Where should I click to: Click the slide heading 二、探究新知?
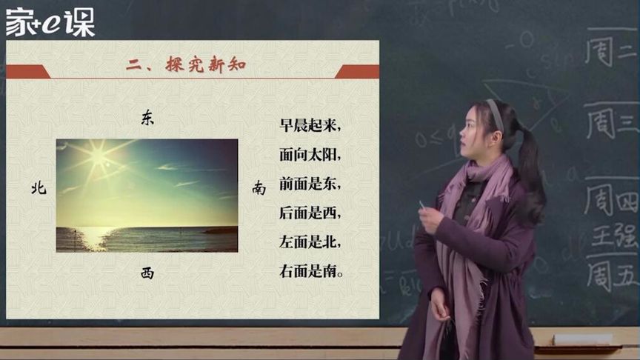[186, 66]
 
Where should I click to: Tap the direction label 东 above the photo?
[147, 120]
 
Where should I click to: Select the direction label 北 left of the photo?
[39, 188]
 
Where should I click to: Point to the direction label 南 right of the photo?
[259, 188]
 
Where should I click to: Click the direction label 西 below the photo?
[147, 273]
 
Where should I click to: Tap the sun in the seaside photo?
[98, 157]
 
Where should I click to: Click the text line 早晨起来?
[310, 127]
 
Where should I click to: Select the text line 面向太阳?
[310, 156]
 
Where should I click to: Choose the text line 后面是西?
[310, 213]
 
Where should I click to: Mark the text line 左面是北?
[310, 242]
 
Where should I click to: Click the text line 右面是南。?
[313, 271]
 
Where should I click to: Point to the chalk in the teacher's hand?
[422, 204]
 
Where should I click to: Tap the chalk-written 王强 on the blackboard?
[613, 238]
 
